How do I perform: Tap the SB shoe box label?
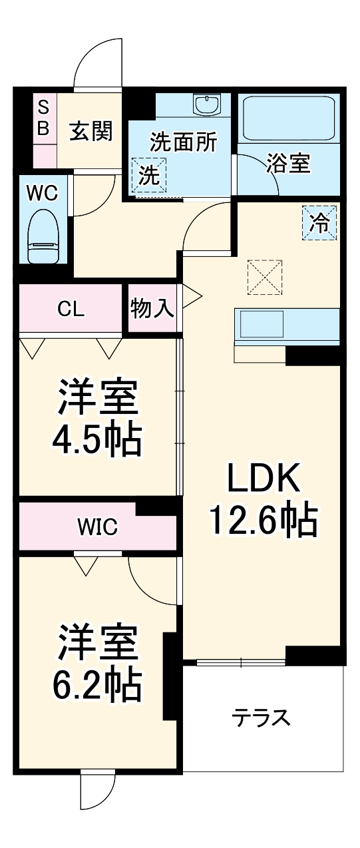[43, 118]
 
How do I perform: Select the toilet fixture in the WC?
[44, 237]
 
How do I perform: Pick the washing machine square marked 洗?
[150, 176]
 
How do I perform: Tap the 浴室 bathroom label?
[288, 164]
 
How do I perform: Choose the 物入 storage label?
[152, 308]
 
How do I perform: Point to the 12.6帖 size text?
[263, 521]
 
